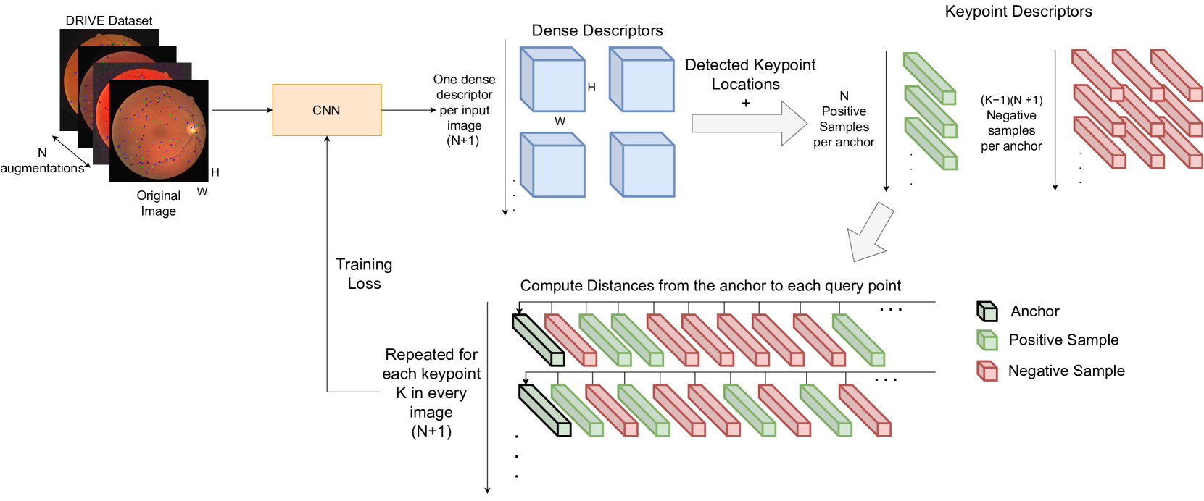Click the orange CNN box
click(x=326, y=110)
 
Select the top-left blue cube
click(x=553, y=80)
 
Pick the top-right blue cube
click(x=642, y=80)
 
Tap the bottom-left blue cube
click(x=553, y=165)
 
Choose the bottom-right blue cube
click(x=643, y=165)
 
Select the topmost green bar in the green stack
click(x=929, y=79)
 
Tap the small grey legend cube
click(x=987, y=311)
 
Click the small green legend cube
click(x=987, y=340)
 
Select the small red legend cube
click(x=987, y=370)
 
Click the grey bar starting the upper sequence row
click(x=538, y=339)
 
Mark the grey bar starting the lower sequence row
click(x=544, y=410)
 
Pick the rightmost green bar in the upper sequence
click(x=858, y=340)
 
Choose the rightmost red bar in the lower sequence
click(x=865, y=410)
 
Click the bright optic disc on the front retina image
click(x=192, y=128)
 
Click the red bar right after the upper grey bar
click(x=570, y=340)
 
